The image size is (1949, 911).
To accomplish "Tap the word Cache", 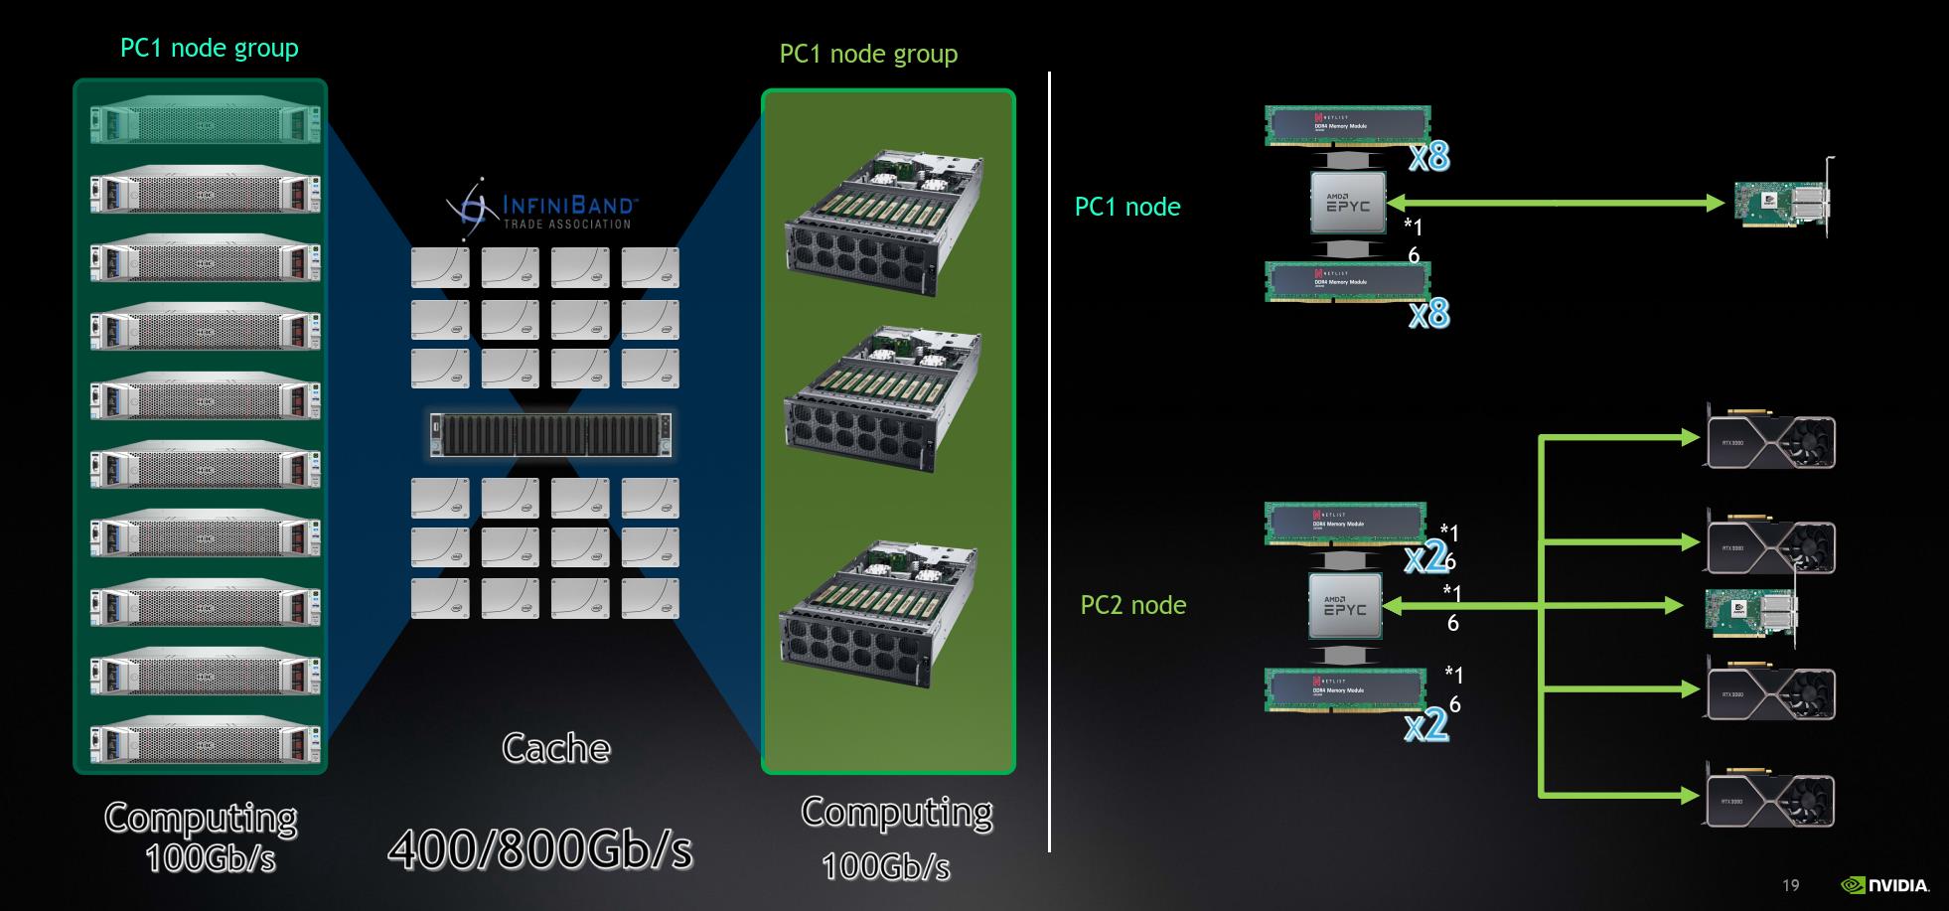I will [555, 748].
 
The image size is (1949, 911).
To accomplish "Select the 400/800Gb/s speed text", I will [540, 848].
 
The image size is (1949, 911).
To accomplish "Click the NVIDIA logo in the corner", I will [1884, 885].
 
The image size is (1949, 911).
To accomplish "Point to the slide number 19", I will [1790, 885].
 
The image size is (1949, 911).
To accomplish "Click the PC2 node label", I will [1132, 605].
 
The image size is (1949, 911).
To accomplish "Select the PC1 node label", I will [1127, 207].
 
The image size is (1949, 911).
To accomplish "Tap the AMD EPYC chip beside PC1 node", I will [1348, 203].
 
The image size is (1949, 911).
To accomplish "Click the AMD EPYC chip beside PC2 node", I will [1345, 606].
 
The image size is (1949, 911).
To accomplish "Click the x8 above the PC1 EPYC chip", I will [1428, 156].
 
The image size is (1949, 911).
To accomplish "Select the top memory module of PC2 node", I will [1344, 523].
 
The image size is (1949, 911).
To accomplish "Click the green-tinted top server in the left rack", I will [206, 124].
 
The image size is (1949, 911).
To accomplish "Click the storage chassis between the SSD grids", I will [550, 435].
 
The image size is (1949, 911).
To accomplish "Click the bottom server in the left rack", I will [206, 742].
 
